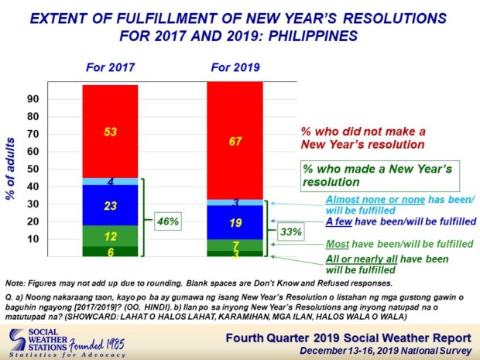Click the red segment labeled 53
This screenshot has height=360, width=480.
pyautogui.click(x=110, y=132)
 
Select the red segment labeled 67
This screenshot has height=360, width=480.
pyautogui.click(x=235, y=140)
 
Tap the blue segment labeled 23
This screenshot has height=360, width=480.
pyautogui.click(x=110, y=205)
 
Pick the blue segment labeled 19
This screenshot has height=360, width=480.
pyautogui.click(x=235, y=222)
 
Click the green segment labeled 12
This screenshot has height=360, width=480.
pyautogui.click(x=110, y=236)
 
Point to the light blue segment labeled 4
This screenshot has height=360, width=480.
pyautogui.click(x=110, y=181)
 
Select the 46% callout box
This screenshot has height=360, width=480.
pyautogui.click(x=168, y=221)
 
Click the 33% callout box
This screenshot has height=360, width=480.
pyautogui.click(x=291, y=231)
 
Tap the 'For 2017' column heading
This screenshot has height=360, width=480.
pyautogui.click(x=110, y=67)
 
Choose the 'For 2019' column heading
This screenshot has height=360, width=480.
pyautogui.click(x=235, y=67)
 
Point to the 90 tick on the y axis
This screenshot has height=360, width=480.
pyautogui.click(x=33, y=99)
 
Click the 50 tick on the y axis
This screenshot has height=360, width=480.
pyautogui.click(x=33, y=169)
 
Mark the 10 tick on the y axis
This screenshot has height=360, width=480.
pyautogui.click(x=33, y=239)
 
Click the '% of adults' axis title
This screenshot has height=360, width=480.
pyautogui.click(x=10, y=169)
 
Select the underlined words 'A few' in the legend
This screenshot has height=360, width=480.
pyautogui.click(x=339, y=221)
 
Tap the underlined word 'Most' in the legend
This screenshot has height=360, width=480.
pyautogui.click(x=338, y=244)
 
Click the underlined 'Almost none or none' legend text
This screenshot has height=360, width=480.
pyautogui.click(x=375, y=200)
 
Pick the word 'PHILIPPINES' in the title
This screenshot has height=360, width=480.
pyautogui.click(x=313, y=36)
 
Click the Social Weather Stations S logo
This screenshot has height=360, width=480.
pyautogui.click(x=18, y=340)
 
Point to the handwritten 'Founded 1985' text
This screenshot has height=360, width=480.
pyautogui.click(x=97, y=345)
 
